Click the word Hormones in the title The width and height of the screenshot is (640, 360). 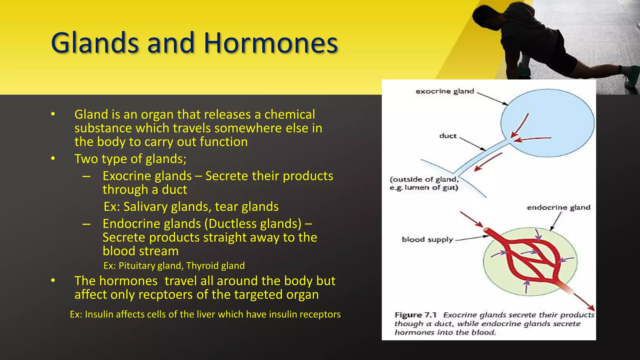point(271,43)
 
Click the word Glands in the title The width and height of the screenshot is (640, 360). point(95,43)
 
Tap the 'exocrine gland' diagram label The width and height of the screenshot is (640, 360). point(445,91)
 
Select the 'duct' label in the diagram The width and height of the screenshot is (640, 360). point(448,136)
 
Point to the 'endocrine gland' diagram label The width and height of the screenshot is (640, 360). point(558,207)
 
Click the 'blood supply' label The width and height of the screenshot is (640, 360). point(427,239)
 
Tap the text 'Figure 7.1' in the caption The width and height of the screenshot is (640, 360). point(415,315)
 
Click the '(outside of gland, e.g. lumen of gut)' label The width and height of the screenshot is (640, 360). point(424,183)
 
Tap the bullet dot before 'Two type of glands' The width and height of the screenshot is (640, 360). point(53,159)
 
